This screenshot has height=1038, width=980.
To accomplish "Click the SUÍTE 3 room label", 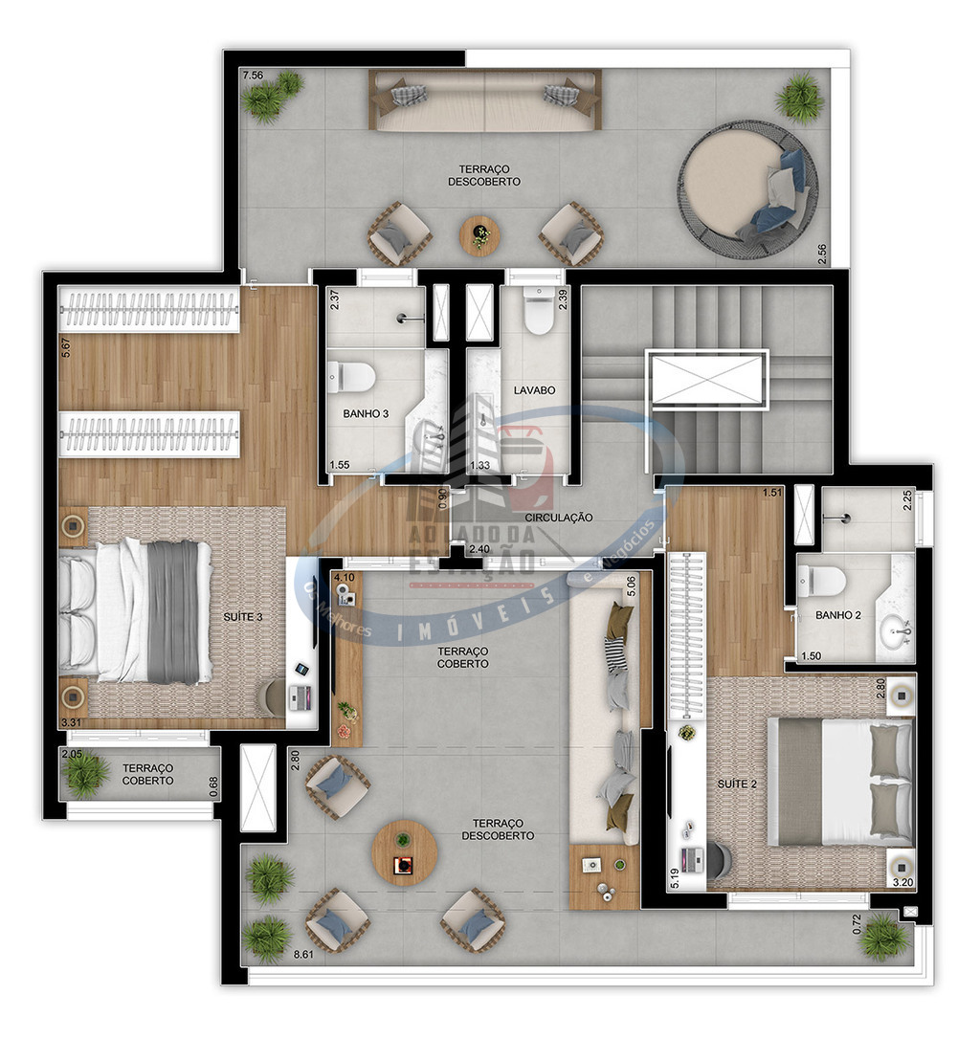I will point(244,617).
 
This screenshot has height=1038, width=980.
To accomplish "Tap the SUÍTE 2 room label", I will point(737,784).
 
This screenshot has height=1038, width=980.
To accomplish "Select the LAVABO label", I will point(534,390).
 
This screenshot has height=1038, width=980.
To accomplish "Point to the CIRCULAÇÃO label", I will point(559,518).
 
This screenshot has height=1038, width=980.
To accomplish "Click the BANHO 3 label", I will point(367,415).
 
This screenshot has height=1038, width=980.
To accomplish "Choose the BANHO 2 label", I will point(837,616).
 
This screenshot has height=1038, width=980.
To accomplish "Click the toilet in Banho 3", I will point(351,377).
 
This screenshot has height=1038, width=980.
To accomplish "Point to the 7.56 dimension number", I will point(253,75).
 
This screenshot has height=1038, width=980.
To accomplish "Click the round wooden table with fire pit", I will point(405,852).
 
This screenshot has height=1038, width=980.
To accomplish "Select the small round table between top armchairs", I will point(480,234).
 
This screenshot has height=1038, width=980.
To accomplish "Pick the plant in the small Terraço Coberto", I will point(86,773).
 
